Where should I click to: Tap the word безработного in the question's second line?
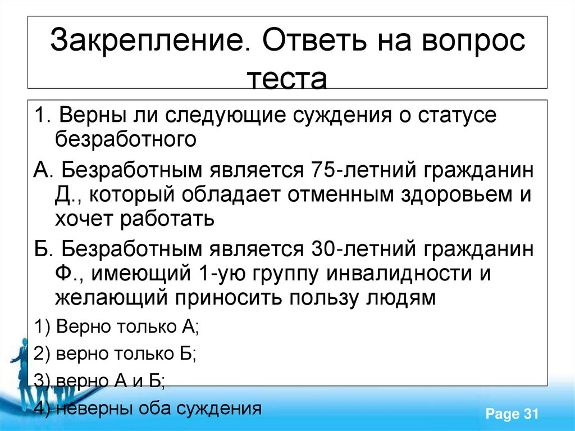(x=126, y=139)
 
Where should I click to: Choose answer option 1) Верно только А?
(x=117, y=326)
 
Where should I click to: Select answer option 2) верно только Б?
(x=115, y=354)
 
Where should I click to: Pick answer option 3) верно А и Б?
(x=99, y=382)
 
